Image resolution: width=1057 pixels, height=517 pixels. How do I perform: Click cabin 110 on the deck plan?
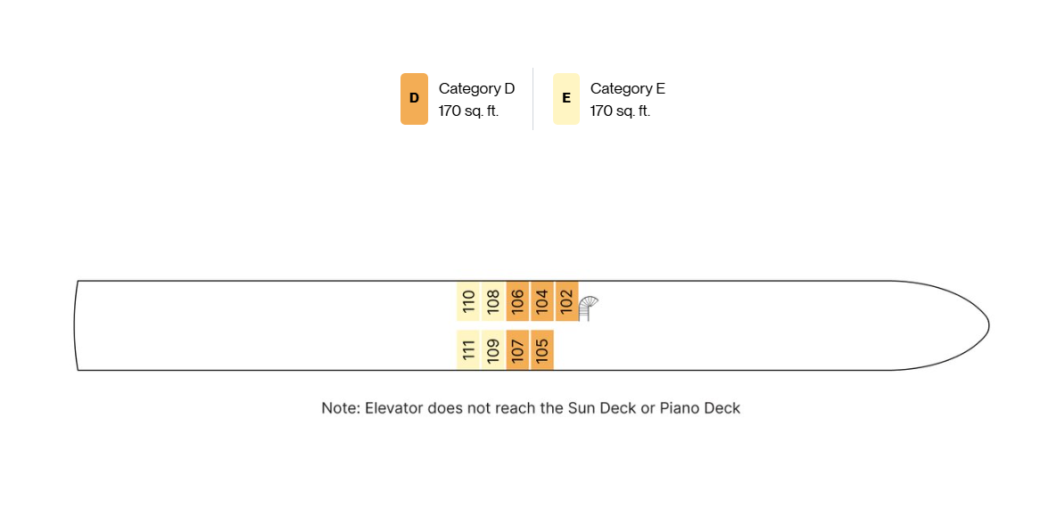(x=468, y=300)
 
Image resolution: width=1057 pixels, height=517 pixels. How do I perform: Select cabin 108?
(x=492, y=300)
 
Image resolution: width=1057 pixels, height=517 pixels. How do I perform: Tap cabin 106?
(x=517, y=300)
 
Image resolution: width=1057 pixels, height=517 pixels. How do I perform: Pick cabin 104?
(x=542, y=300)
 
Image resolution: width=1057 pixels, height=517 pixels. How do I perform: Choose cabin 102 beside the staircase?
(x=567, y=300)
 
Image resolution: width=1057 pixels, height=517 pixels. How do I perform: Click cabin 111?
(x=468, y=349)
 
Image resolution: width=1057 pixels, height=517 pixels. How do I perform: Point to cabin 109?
(x=492, y=349)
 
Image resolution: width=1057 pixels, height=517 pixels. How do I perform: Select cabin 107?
(x=517, y=349)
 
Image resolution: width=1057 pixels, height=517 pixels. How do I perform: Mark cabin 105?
(x=542, y=349)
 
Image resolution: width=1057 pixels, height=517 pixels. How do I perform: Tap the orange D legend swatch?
(x=414, y=98)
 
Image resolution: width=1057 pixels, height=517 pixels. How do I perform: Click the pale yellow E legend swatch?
(x=566, y=98)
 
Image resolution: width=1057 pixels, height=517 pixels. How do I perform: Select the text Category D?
(x=476, y=88)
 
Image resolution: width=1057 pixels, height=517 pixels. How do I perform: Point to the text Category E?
(x=628, y=88)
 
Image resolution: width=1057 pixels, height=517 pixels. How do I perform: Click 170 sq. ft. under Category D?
(x=469, y=111)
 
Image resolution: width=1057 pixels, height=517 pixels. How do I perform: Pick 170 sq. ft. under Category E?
(x=621, y=111)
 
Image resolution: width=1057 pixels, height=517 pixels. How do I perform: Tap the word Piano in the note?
(x=680, y=407)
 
